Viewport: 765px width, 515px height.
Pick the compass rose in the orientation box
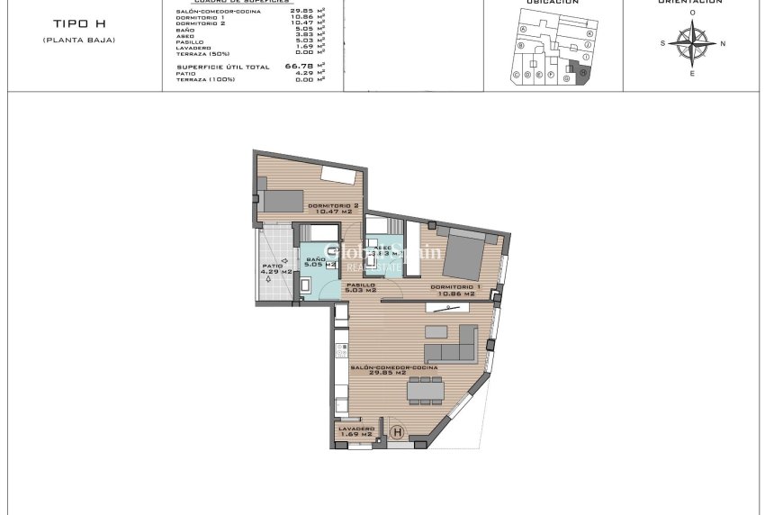[x=691, y=42]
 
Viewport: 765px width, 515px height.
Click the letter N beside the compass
[x=723, y=43]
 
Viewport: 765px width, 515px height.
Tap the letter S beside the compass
[x=662, y=43]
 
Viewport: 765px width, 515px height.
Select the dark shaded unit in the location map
[x=580, y=75]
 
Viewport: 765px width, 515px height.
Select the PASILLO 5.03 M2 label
[x=361, y=287]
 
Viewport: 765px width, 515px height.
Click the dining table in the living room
[x=426, y=390]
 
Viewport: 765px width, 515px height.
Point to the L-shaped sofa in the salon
[x=452, y=344]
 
